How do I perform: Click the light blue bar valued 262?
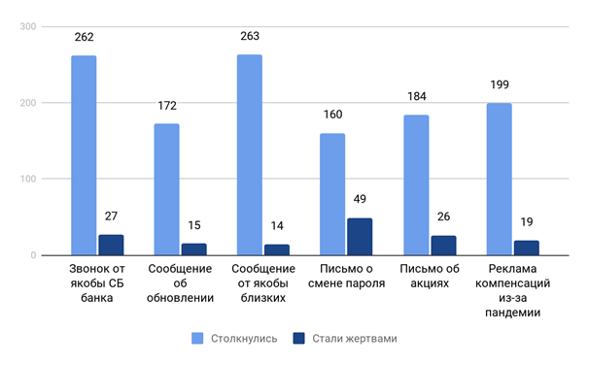coord(84,155)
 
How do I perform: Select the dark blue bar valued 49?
coord(360,237)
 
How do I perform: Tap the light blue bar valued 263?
coord(250,155)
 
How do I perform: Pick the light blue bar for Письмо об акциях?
coord(416,185)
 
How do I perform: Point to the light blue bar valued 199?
coord(499,180)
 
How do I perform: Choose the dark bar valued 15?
coord(193,249)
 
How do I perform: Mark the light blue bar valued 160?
coord(332,194)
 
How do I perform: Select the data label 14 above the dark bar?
coord(277,225)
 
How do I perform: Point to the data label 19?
coord(526,221)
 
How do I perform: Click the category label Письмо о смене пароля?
coord(346,277)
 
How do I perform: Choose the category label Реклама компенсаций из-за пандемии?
coord(512,290)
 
